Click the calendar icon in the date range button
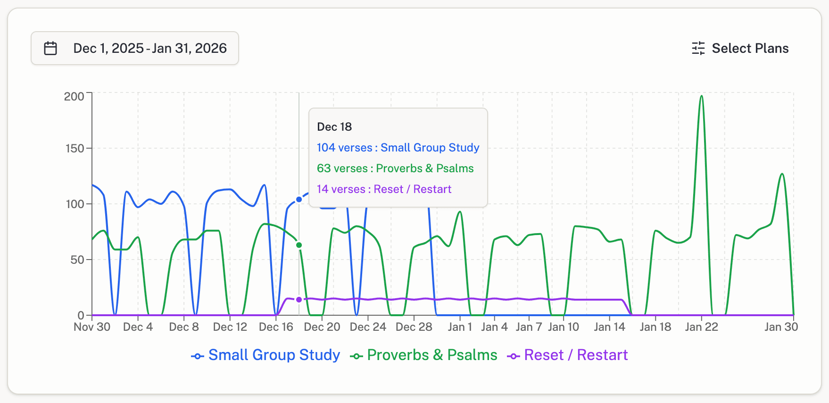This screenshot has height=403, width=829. tap(50, 48)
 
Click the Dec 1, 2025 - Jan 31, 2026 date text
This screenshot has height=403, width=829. tap(150, 48)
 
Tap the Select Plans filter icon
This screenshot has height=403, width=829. tap(698, 48)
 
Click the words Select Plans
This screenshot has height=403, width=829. tap(750, 48)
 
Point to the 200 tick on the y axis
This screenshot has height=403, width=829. tap(74, 96)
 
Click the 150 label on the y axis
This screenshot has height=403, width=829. tap(75, 148)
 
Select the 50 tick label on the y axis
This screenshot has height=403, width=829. tap(77, 260)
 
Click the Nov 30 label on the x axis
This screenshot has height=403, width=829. tap(92, 327)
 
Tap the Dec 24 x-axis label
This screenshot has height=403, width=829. tap(368, 327)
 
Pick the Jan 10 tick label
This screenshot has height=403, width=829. tap(563, 327)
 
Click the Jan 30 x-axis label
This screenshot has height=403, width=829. tap(781, 327)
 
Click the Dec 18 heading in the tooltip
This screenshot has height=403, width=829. tap(334, 126)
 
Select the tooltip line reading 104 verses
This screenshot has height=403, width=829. tap(398, 148)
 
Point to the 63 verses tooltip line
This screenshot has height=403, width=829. tap(395, 168)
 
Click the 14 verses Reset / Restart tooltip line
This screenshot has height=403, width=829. tap(384, 189)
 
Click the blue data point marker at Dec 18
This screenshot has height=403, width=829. tap(299, 200)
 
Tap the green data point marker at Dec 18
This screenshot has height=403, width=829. tap(299, 245)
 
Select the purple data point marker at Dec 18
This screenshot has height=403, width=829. tap(299, 300)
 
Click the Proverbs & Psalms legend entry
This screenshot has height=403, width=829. tap(423, 355)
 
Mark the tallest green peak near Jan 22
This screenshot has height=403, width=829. tap(702, 96)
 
